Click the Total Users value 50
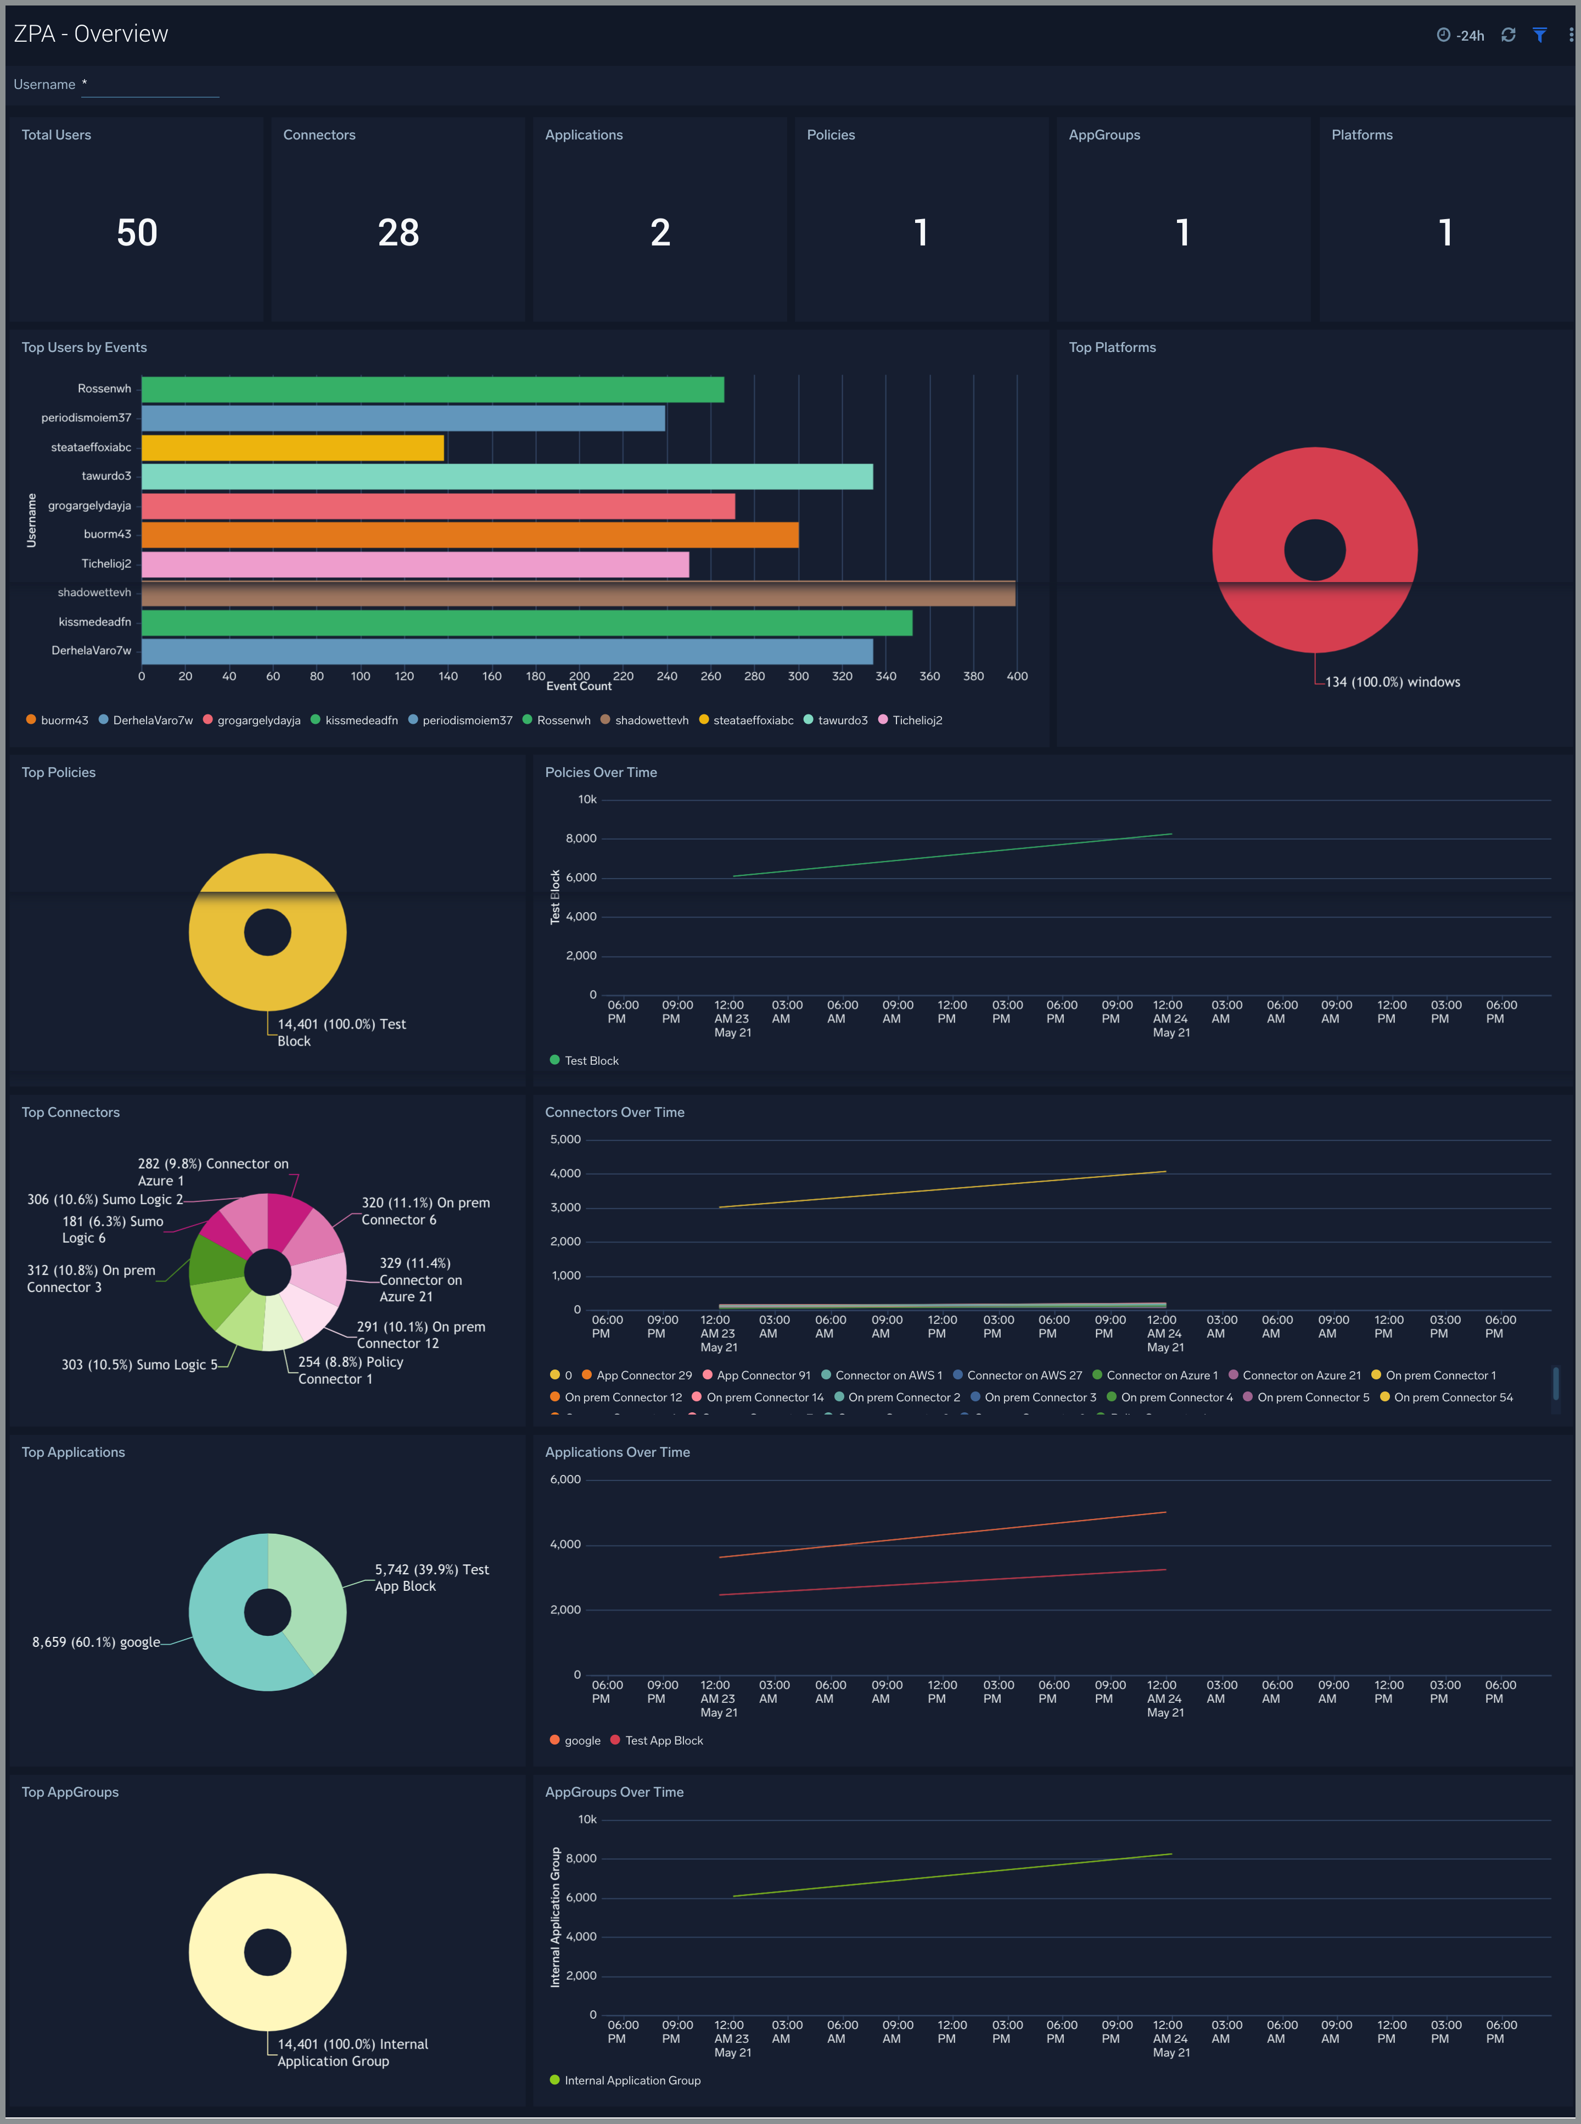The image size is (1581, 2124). [137, 233]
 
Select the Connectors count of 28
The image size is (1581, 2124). [398, 233]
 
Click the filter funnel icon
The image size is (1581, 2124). [1540, 35]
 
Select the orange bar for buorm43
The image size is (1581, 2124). [469, 535]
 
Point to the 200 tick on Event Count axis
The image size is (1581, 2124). [579, 676]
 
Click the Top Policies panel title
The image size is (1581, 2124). [58, 773]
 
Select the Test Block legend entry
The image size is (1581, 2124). [591, 1060]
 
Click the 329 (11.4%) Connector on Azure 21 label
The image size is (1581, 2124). [419, 1280]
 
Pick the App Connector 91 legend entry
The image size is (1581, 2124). [763, 1376]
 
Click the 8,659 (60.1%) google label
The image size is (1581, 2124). [96, 1641]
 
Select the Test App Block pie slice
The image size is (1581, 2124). [311, 1594]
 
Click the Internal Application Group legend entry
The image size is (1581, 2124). [632, 2080]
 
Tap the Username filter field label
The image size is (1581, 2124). [44, 84]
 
